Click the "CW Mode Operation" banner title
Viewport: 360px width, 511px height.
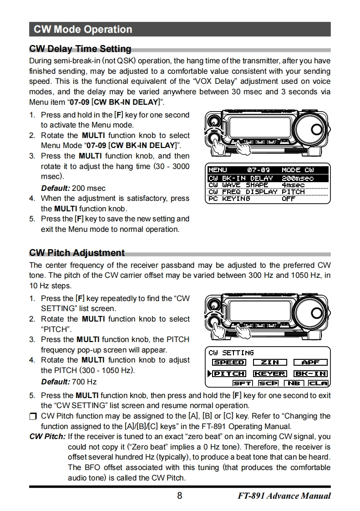tap(83, 30)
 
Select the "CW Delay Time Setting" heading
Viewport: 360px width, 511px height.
tap(80, 49)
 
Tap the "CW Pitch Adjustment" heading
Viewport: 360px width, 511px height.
tap(76, 253)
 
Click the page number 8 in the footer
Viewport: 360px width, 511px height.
tap(179, 496)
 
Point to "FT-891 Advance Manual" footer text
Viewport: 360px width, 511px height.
tap(284, 496)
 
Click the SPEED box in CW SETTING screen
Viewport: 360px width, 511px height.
tap(229, 363)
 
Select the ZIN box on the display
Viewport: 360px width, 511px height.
tap(269, 363)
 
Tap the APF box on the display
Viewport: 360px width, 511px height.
tap(310, 363)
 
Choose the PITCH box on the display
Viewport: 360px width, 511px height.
tap(229, 374)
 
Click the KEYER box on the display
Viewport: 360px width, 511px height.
tap(269, 374)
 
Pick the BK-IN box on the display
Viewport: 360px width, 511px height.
tap(310, 374)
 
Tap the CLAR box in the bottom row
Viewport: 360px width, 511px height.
tap(318, 383)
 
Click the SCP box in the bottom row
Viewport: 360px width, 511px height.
tap(268, 383)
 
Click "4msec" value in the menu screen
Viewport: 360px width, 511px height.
tap(293, 185)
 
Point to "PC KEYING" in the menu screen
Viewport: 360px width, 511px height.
tap(229, 199)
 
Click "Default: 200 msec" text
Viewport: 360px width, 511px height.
tap(73, 188)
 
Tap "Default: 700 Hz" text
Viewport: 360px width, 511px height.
tap(69, 382)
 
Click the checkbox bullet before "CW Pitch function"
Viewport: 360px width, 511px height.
tap(33, 416)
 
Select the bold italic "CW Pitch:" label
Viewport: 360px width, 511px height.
tap(47, 437)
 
